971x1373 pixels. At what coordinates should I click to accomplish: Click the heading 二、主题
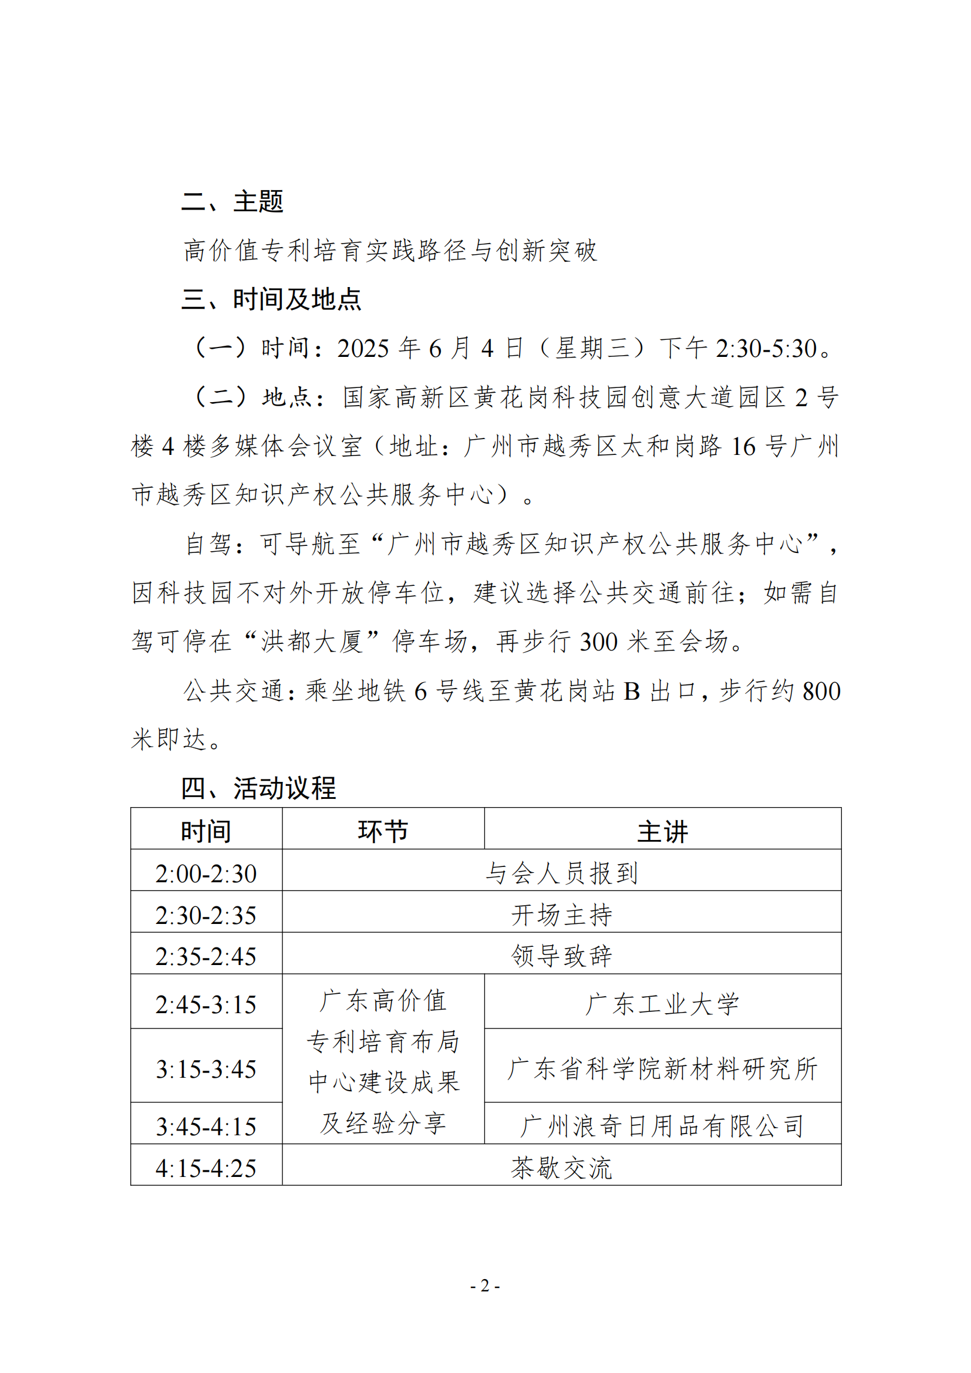click(x=232, y=201)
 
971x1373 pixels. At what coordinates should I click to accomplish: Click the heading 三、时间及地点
click(x=271, y=299)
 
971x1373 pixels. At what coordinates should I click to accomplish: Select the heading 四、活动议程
click(x=258, y=788)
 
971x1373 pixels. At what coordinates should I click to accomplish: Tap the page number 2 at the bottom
click(x=485, y=1285)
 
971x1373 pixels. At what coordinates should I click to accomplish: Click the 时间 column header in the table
click(x=205, y=831)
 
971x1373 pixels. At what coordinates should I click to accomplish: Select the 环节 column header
click(x=383, y=831)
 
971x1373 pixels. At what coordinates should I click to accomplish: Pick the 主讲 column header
click(x=662, y=831)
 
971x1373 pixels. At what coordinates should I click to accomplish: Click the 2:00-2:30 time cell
click(x=205, y=873)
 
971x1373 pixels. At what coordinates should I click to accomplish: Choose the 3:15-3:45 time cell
click(x=205, y=1069)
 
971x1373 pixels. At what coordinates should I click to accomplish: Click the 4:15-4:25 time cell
click(x=205, y=1169)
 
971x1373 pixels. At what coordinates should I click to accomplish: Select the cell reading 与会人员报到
click(x=561, y=873)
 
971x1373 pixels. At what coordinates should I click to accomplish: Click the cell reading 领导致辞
click(x=561, y=956)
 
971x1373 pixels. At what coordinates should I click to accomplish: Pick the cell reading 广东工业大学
click(x=662, y=1004)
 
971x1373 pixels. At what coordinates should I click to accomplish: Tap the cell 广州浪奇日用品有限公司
click(x=662, y=1126)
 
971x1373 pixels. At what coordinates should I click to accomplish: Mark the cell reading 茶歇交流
click(x=561, y=1168)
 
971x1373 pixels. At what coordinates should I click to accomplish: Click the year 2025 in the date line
click(x=363, y=349)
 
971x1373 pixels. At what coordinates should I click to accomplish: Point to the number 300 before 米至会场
click(x=598, y=642)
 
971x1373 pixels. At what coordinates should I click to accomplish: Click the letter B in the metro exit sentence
click(x=632, y=691)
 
